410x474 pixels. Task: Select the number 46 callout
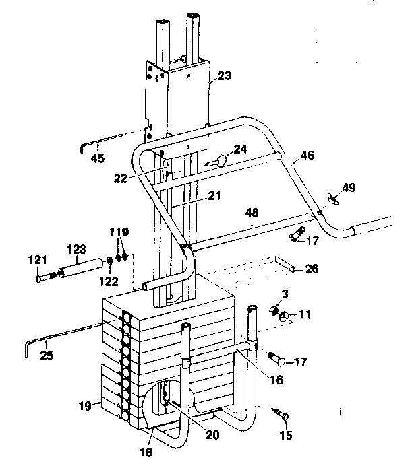pyautogui.click(x=307, y=155)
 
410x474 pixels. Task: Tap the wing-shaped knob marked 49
pyautogui.click(x=330, y=197)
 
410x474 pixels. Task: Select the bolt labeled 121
pyautogui.click(x=45, y=275)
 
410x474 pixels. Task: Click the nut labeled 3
pyautogui.click(x=274, y=312)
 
